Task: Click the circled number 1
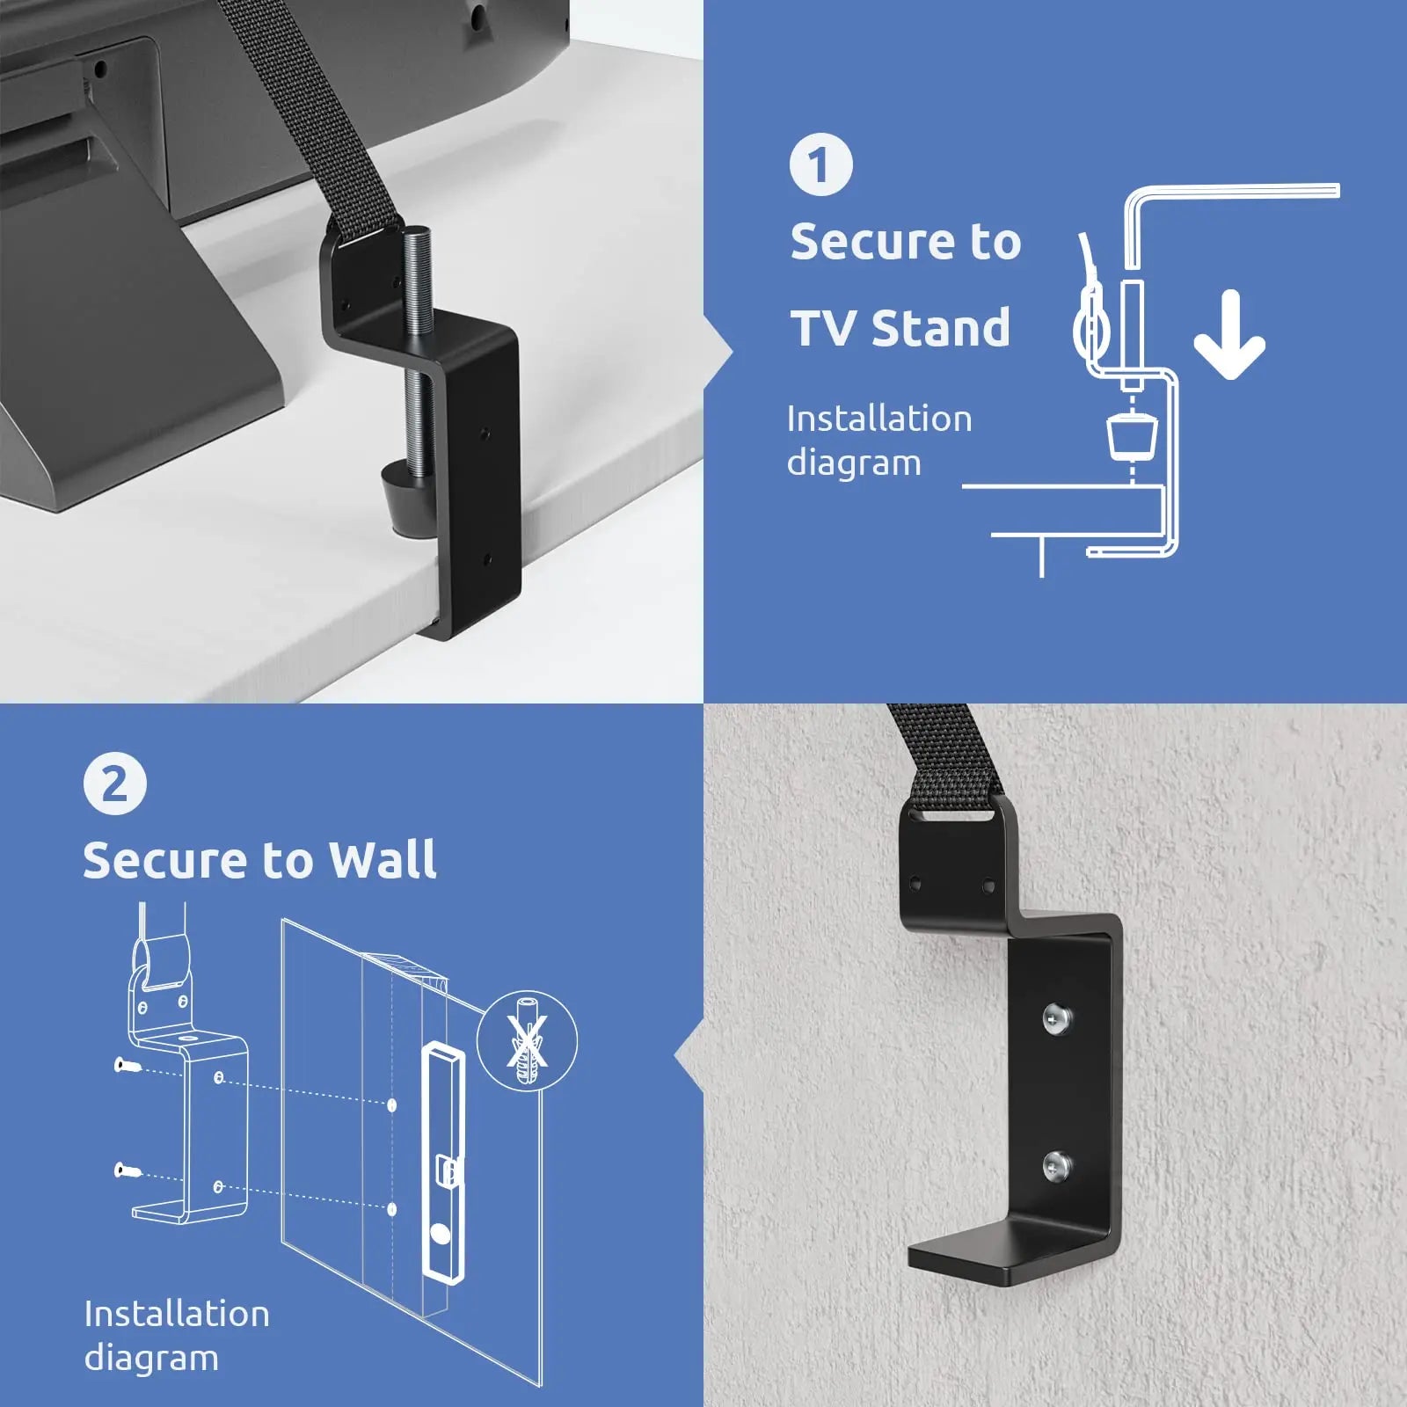(x=820, y=164)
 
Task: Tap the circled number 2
(x=115, y=784)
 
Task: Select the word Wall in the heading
(x=383, y=859)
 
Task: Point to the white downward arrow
(x=1229, y=337)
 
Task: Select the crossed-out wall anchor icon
(x=527, y=1043)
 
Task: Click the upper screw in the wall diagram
(x=127, y=1066)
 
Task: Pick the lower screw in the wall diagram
(x=127, y=1170)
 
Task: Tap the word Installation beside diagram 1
(x=878, y=419)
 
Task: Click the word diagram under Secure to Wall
(x=150, y=1358)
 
